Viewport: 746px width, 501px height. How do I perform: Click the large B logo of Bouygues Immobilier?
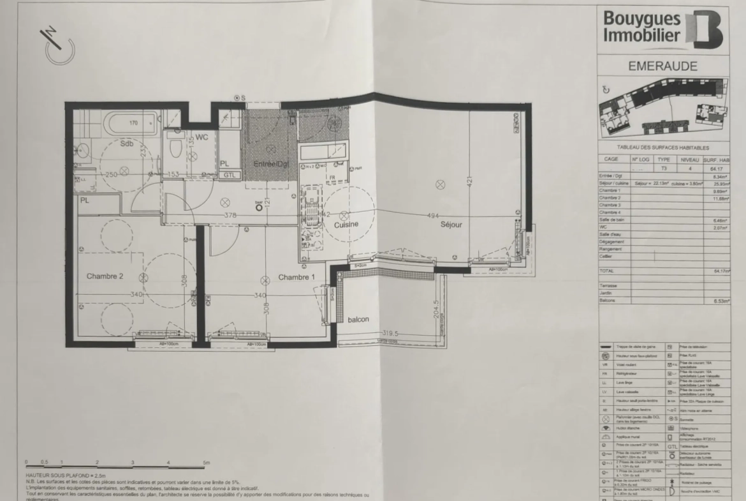click(705, 29)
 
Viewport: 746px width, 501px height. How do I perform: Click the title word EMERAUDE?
click(662, 66)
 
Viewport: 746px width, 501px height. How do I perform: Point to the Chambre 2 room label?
click(105, 276)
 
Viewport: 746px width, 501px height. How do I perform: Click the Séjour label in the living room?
click(450, 225)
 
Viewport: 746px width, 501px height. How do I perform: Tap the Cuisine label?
click(346, 224)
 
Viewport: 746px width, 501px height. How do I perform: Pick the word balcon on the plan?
click(358, 319)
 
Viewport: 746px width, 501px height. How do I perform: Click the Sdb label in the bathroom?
click(128, 144)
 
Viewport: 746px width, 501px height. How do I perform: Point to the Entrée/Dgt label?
click(271, 164)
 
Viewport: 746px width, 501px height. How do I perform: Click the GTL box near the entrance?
click(230, 175)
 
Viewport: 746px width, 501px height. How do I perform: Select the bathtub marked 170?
click(133, 123)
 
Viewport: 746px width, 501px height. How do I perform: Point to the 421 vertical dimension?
click(469, 181)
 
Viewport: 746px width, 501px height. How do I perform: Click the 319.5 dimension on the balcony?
click(390, 333)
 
